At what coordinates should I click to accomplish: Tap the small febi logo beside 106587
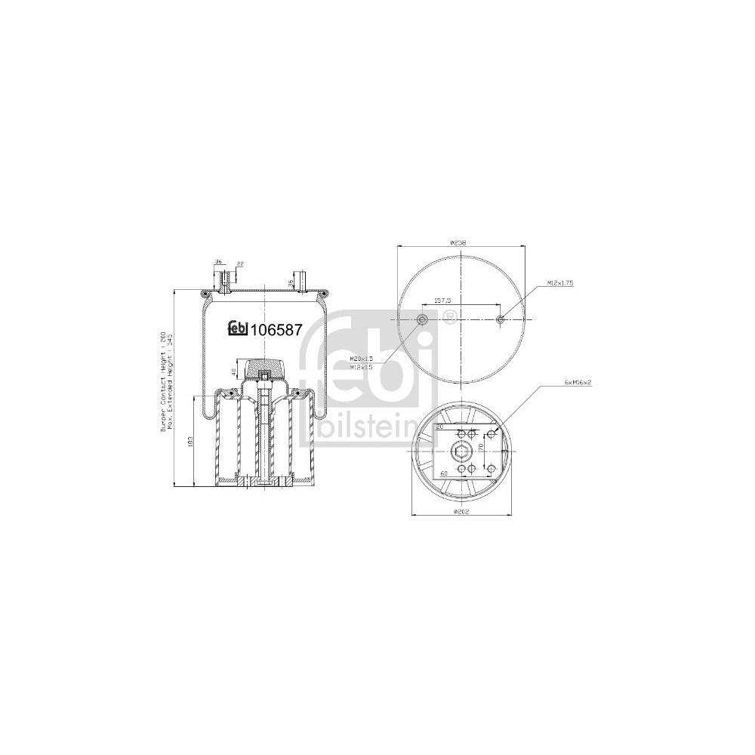pyautogui.click(x=239, y=328)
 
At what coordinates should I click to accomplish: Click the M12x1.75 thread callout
pyautogui.click(x=559, y=282)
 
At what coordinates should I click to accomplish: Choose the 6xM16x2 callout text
pyautogui.click(x=578, y=383)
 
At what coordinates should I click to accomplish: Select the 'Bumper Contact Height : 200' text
pyautogui.click(x=162, y=382)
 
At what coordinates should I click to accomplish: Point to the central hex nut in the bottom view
pyautogui.click(x=460, y=452)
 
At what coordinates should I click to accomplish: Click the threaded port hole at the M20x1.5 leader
pyautogui.click(x=422, y=320)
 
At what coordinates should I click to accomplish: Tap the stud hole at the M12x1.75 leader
pyautogui.click(x=499, y=320)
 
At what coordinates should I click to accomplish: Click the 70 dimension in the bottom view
pyautogui.click(x=480, y=448)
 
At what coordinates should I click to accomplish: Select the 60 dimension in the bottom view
pyautogui.click(x=444, y=473)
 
